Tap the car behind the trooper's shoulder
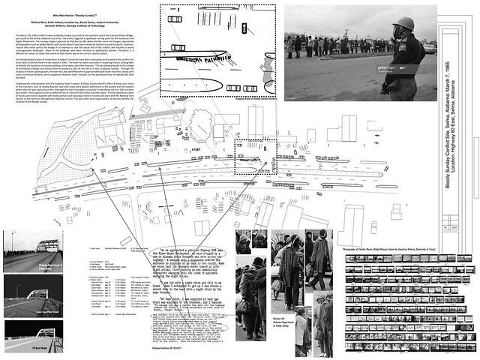click(430, 49)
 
